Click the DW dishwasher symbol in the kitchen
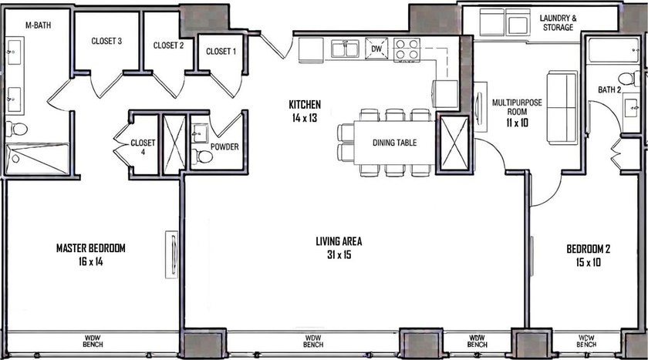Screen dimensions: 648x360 [376, 49]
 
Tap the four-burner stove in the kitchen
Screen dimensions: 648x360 [407, 49]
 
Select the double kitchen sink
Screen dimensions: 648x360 [345, 49]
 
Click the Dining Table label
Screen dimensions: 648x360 [394, 143]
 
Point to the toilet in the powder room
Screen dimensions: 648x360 [202, 156]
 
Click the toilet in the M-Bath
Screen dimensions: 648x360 [16, 130]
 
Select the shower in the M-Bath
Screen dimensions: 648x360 [37, 158]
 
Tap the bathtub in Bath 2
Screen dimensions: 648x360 [614, 50]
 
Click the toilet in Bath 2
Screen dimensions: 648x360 [629, 79]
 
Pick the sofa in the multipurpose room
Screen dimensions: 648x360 [562, 108]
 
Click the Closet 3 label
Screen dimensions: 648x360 [106, 41]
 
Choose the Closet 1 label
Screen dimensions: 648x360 [221, 51]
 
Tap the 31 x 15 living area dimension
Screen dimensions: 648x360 [339, 254]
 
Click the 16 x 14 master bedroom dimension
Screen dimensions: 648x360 [90, 261]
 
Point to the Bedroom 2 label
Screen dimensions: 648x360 [588, 249]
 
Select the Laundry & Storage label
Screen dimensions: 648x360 [558, 22]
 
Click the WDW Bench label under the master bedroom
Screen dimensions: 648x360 [93, 341]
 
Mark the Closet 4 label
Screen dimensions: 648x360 [143, 147]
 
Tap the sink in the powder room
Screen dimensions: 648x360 [200, 133]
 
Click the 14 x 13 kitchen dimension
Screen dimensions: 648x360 [305, 118]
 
